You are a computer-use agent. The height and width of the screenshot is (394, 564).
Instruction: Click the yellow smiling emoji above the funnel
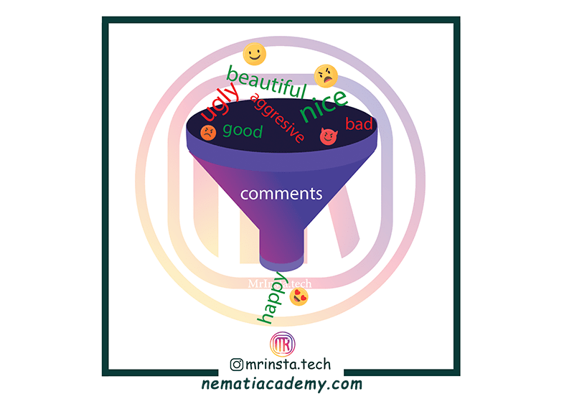(254, 53)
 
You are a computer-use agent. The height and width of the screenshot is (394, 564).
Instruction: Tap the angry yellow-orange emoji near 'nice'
(326, 75)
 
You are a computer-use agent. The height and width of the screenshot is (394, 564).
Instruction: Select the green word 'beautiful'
(266, 81)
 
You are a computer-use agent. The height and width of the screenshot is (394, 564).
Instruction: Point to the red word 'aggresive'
(277, 117)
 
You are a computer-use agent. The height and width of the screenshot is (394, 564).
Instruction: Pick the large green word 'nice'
(324, 105)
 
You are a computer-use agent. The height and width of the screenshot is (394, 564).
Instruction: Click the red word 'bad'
(359, 124)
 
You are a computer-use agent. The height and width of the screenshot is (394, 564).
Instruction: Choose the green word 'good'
(243, 131)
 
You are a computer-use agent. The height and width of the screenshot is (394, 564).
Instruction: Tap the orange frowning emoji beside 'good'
(207, 131)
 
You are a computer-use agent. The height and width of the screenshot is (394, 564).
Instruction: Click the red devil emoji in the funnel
(328, 136)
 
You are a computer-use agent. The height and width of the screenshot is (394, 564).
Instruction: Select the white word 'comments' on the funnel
(281, 194)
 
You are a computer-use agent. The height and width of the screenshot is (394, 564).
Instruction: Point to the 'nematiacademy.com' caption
(281, 384)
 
